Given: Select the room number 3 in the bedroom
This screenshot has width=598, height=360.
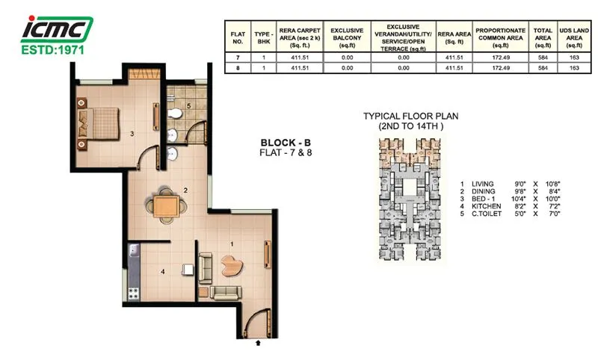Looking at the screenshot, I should click(132, 134).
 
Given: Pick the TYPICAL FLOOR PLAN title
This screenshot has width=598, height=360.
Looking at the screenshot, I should click(410, 117).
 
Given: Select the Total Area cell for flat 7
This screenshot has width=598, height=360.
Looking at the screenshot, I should click(541, 57).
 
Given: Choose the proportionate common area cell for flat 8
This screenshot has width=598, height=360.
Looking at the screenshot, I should click(499, 68).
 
